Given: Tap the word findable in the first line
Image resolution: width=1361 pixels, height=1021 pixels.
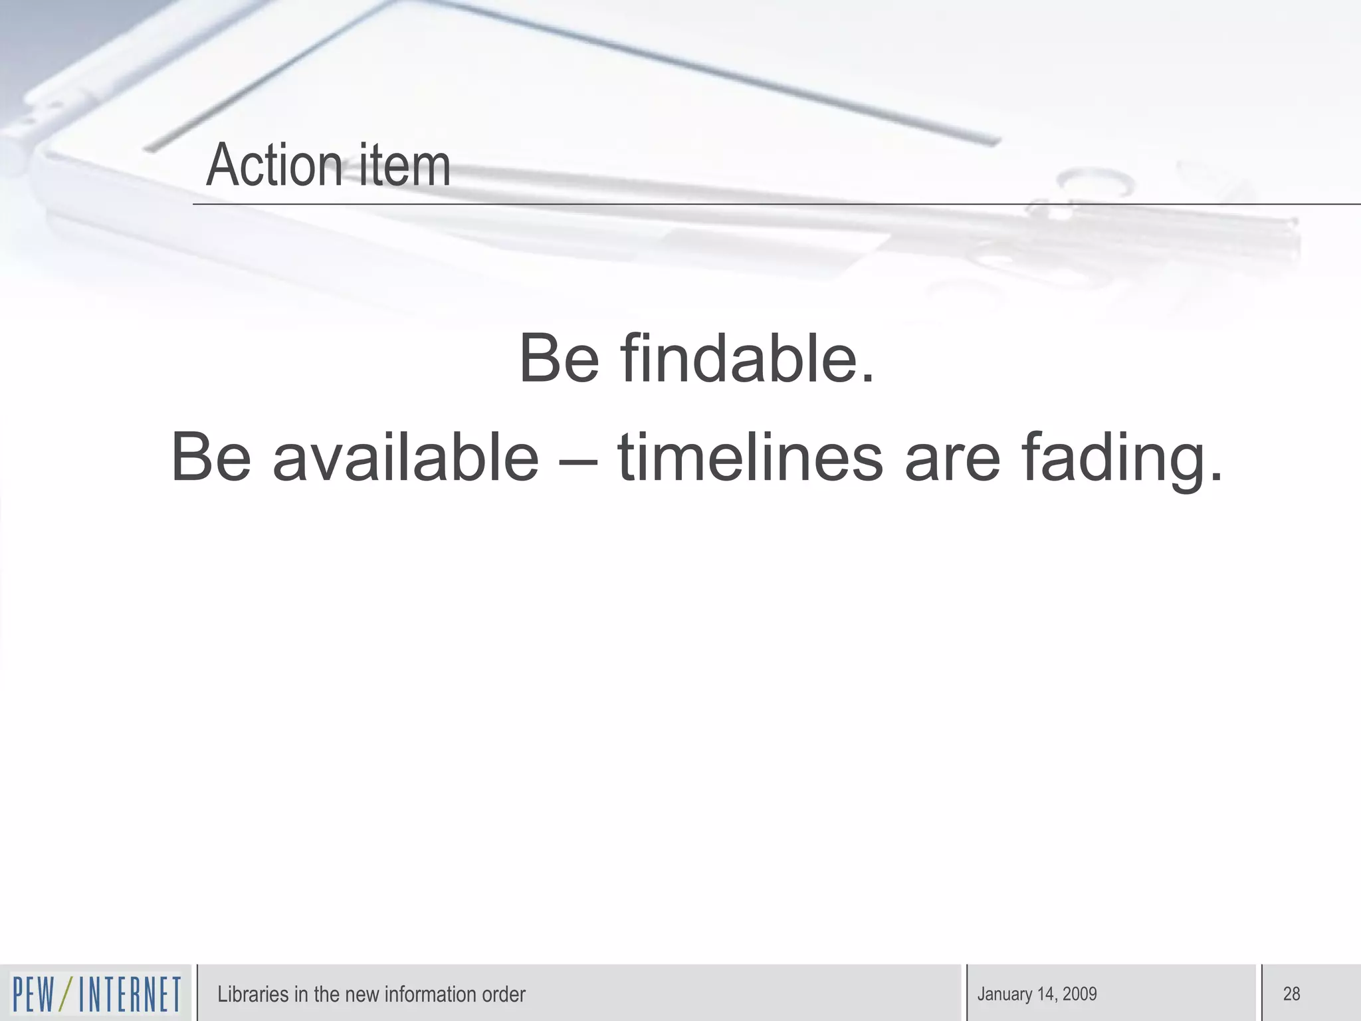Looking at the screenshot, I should pos(748,359).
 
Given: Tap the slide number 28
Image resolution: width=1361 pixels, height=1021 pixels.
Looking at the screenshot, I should pos(1291,994).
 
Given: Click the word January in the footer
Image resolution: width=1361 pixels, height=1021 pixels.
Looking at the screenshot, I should pos(1004,994).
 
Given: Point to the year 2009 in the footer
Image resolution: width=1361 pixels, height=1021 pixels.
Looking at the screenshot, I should pos(1079,994).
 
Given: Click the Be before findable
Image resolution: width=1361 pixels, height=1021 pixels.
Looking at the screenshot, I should pos(559,359).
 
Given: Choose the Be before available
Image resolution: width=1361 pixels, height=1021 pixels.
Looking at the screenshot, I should pos(211,457).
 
